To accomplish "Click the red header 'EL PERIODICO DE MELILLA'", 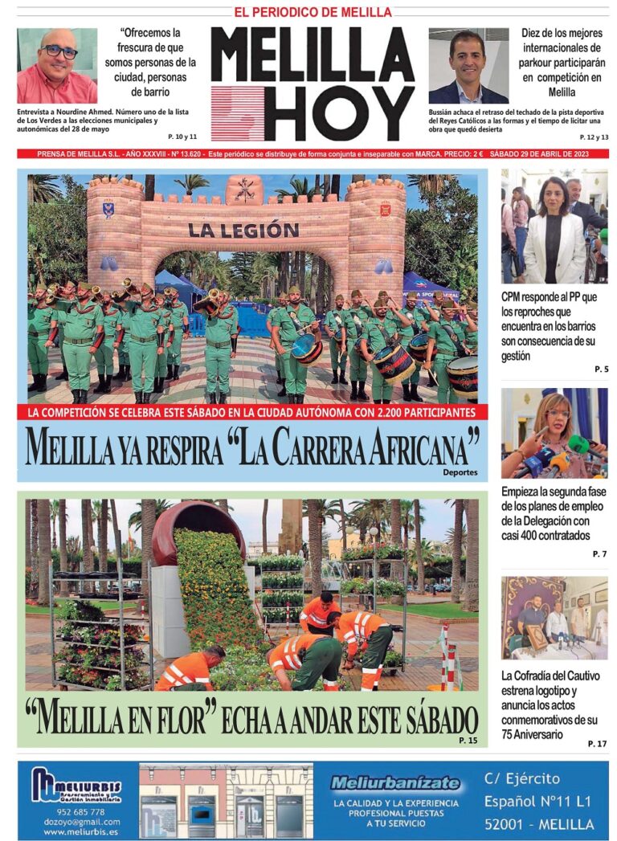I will (313, 12).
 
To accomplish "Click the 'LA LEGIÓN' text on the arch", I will (243, 230).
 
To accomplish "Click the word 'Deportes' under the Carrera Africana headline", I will (460, 472).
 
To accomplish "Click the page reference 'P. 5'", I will (601, 369).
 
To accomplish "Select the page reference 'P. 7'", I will (599, 554).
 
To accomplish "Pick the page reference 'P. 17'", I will (597, 744).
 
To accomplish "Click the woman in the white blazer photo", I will (554, 226).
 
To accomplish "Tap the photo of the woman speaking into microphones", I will (554, 434).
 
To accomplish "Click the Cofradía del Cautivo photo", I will (554, 618).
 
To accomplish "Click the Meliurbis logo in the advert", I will (77, 786).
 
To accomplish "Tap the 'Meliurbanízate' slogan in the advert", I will (395, 783).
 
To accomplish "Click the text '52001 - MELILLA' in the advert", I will (539, 824).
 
